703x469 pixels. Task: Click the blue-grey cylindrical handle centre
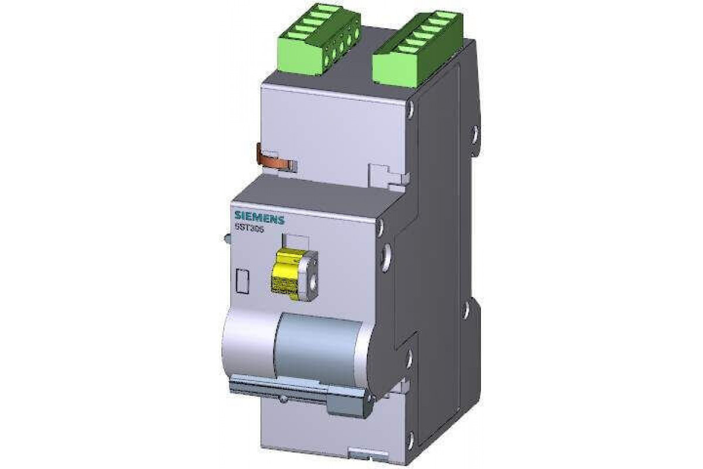(319, 346)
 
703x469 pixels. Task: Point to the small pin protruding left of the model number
(226, 239)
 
